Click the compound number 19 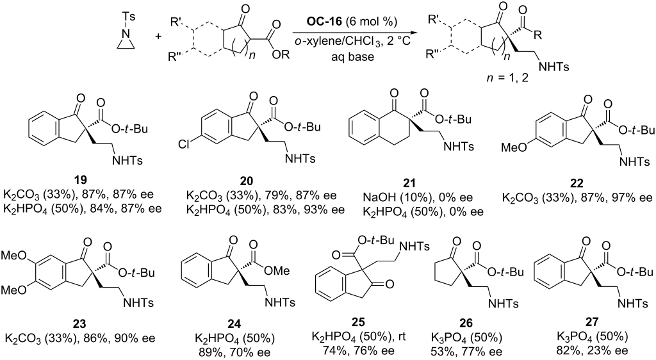pyautogui.click(x=81, y=181)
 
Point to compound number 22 pyautogui.click(x=577, y=183)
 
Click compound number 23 pyautogui.click(x=80, y=323)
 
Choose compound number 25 pyautogui.click(x=359, y=322)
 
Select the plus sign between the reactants pyautogui.click(x=159, y=37)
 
